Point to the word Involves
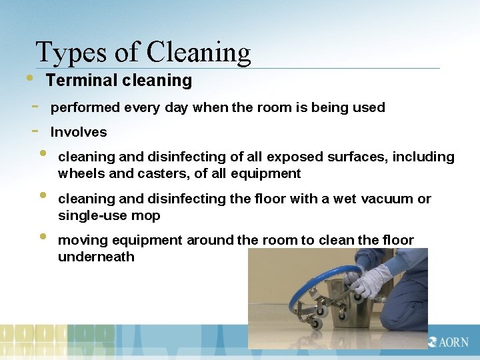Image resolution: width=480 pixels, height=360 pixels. tap(78, 132)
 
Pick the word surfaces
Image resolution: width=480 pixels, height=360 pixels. tap(357, 157)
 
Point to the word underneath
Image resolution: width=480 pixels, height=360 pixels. tap(96, 257)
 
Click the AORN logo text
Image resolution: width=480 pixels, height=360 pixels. tap(453, 341)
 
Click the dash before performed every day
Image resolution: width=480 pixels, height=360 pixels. tap(34, 106)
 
